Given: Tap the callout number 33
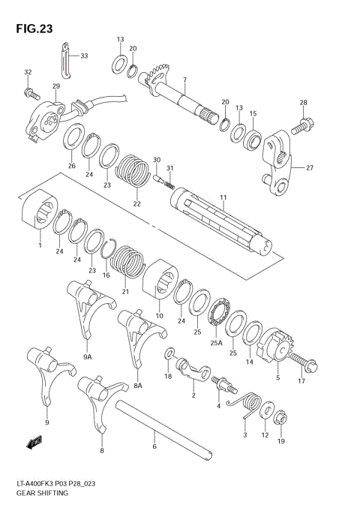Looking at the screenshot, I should coord(84,56).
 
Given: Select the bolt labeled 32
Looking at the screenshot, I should coord(32,94).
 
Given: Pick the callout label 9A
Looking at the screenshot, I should coord(87,357).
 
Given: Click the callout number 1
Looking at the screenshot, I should coord(39,245).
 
